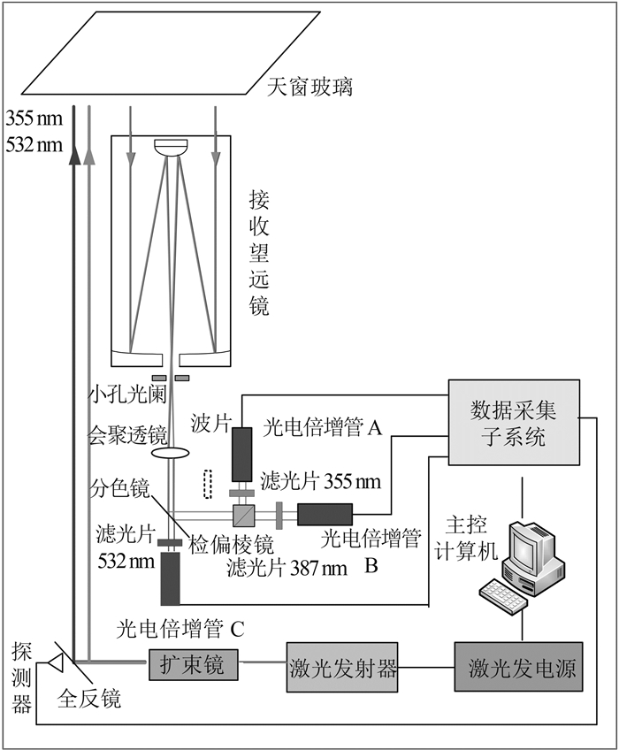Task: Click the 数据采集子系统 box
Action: point(514,422)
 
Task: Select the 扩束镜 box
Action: point(194,662)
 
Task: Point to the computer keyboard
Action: point(502,595)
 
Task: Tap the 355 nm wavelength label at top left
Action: point(34,117)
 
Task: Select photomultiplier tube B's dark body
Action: point(325,513)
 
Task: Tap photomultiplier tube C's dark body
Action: point(170,580)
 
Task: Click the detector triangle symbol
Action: point(56,662)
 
